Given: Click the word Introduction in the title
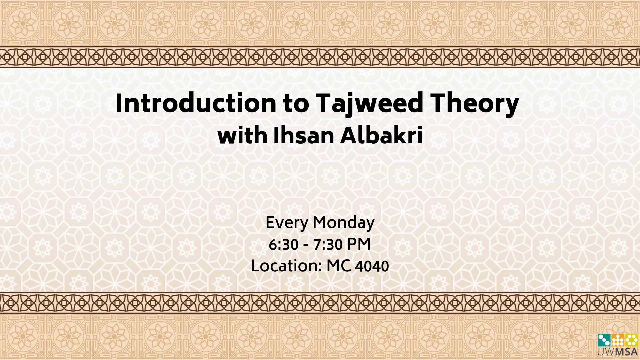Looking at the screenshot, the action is [x=196, y=103].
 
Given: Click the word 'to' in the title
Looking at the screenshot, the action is [x=296, y=104].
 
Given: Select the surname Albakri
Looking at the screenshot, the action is [x=381, y=136].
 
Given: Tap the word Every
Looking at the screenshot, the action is [x=287, y=223].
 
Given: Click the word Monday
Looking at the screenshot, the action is [x=344, y=223].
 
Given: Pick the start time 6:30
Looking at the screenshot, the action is [x=283, y=245].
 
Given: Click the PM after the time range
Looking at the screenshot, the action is [x=359, y=244].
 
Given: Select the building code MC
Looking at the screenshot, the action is [x=339, y=266].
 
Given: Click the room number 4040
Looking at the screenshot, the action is [x=372, y=266].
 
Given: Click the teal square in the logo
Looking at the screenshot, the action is [x=604, y=340].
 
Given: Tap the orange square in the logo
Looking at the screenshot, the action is [x=618, y=340].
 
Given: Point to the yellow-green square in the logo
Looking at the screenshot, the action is [x=631, y=340].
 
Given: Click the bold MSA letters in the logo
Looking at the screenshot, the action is [x=626, y=352].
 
